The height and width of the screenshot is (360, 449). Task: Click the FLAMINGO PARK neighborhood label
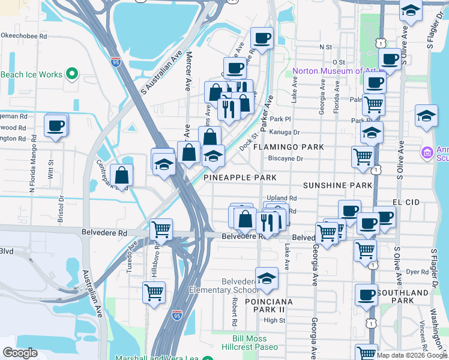(288, 146)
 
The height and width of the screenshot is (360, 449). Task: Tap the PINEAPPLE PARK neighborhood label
(240, 178)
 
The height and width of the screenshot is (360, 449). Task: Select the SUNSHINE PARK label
(337, 186)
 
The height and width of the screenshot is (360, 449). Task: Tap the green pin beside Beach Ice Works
(72, 74)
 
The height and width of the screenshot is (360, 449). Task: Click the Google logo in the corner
(20, 353)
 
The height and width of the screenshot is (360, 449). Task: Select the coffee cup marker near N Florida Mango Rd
(56, 126)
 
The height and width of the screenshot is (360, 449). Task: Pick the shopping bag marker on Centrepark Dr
(121, 176)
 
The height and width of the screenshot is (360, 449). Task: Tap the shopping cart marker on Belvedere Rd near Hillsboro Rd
(161, 229)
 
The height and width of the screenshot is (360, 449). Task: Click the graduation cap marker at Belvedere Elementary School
(267, 278)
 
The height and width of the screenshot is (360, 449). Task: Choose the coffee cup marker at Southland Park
(366, 295)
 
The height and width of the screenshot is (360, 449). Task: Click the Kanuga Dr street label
(285, 131)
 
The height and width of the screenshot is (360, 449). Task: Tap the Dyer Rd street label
(415, 271)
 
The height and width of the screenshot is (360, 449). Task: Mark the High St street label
(274, 320)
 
